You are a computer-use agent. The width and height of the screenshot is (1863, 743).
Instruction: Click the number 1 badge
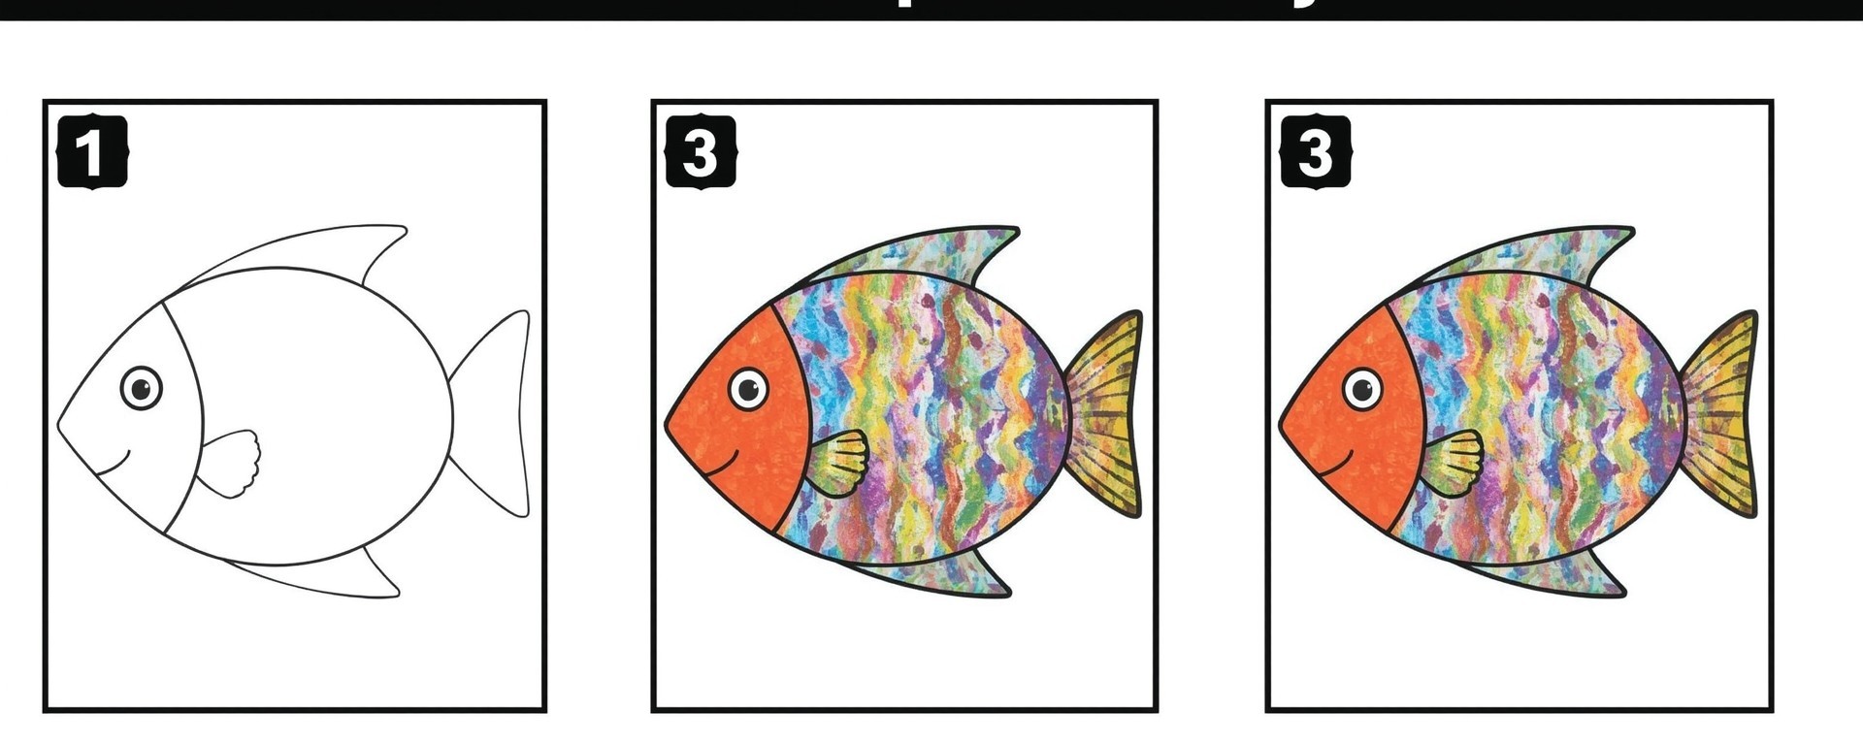click(x=92, y=151)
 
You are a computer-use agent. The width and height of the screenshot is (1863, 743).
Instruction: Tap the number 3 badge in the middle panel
click(x=700, y=151)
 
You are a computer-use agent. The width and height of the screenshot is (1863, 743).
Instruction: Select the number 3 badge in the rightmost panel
click(x=1315, y=151)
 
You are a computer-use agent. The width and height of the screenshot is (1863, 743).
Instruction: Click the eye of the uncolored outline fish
click(x=142, y=388)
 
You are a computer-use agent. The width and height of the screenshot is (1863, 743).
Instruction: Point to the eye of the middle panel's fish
click(x=748, y=389)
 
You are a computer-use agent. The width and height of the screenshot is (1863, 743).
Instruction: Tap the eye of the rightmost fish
click(x=1362, y=389)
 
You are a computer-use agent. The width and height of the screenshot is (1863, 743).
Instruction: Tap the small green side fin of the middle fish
click(x=839, y=463)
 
